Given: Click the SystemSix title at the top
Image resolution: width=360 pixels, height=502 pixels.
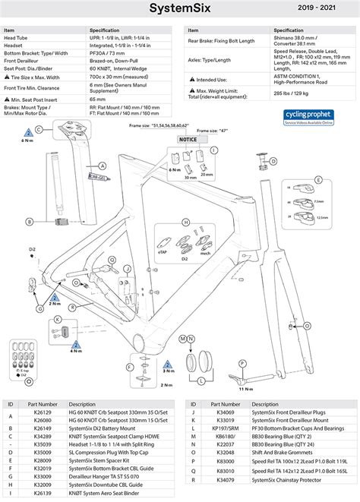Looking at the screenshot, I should click(x=179, y=9).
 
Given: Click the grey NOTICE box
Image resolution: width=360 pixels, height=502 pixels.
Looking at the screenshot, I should click(x=188, y=140).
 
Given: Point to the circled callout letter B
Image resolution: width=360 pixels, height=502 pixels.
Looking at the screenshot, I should click(x=29, y=221).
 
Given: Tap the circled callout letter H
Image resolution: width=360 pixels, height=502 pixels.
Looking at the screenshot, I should click(x=184, y=223).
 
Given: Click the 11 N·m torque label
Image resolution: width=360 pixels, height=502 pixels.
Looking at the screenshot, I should click(x=245, y=388).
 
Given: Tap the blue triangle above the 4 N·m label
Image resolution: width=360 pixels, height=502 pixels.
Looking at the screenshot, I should click(x=76, y=344).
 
